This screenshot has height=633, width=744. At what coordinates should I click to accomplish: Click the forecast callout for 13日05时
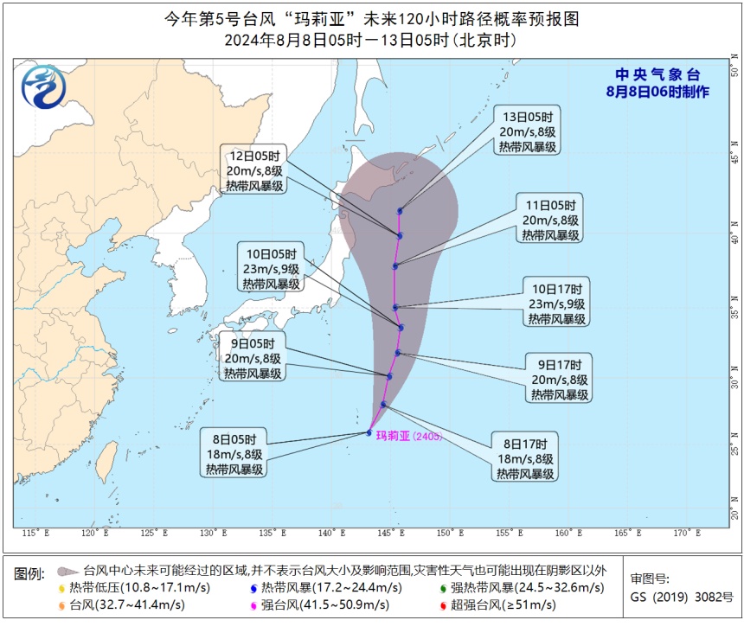[x=528, y=131]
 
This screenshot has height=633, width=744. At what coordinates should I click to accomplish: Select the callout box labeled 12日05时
[x=254, y=170]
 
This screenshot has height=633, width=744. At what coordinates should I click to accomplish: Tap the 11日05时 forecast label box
[x=550, y=220]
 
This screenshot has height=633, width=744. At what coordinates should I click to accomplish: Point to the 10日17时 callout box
[x=556, y=304]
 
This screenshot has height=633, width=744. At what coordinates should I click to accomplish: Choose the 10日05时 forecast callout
[x=272, y=268]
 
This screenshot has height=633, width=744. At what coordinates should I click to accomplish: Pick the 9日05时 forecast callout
[x=253, y=358]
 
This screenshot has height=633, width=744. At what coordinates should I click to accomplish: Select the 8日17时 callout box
[x=525, y=457]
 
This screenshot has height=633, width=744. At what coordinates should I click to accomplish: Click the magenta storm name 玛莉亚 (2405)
[x=409, y=437]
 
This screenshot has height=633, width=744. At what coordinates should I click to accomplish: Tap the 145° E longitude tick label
[x=390, y=534]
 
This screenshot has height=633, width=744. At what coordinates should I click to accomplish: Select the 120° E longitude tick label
[x=95, y=534]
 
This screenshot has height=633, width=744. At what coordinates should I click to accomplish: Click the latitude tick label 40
[x=735, y=236]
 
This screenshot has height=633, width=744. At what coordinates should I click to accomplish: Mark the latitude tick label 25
[x=735, y=450]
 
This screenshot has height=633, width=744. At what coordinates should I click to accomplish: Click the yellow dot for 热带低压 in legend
[x=61, y=588]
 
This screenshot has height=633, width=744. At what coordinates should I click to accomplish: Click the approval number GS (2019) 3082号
[x=681, y=597]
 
